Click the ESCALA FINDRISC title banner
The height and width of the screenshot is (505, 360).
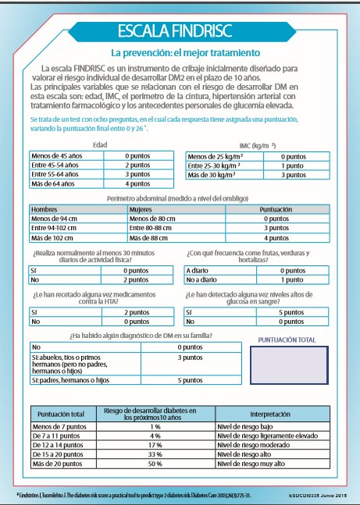pyautogui.click(x=180, y=32)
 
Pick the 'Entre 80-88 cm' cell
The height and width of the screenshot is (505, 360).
pyautogui.click(x=153, y=228)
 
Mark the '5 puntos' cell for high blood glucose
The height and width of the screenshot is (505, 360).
pyautogui.click(x=294, y=311)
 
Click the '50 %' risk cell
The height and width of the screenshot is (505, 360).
pyautogui.click(x=155, y=463)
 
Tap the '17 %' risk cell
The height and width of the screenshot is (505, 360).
pyautogui.click(x=155, y=444)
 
